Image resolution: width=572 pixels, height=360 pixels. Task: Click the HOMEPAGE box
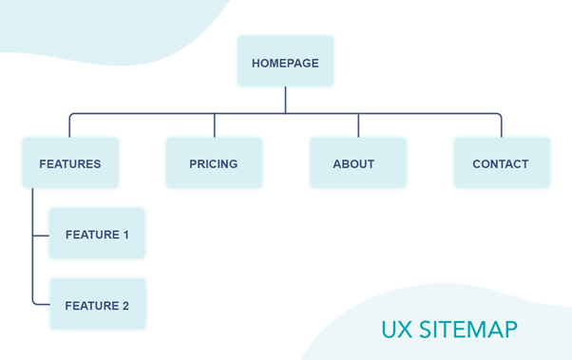coord(285,63)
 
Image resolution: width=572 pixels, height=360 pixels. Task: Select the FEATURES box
coord(69,163)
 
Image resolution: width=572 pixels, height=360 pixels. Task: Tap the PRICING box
coord(214,163)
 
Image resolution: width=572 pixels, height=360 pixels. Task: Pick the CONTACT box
coord(501,163)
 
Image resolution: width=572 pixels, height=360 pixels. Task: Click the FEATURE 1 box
coord(97,234)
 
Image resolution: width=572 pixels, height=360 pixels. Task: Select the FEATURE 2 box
coord(97,305)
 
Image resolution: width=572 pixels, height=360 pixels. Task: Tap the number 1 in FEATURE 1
coord(124,235)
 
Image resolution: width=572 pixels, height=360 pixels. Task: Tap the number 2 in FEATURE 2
coord(124,306)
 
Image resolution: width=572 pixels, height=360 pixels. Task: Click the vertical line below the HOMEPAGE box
coord(285,100)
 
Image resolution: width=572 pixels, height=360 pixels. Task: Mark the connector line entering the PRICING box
coord(214,125)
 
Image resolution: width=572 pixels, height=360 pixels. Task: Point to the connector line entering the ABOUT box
coord(357,125)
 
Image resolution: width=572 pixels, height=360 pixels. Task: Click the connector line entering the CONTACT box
coord(501,125)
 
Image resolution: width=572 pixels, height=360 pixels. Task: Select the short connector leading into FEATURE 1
coord(41,234)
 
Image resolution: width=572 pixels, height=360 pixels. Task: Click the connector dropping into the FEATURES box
coord(69,125)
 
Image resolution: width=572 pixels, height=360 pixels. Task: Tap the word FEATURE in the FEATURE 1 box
coord(91,235)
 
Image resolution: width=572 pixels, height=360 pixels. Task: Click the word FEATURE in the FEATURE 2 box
coord(91,306)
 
